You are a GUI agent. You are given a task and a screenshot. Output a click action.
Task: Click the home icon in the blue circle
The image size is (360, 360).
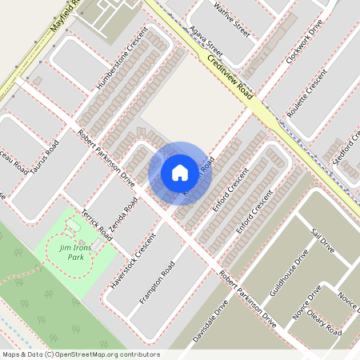pos(180,173)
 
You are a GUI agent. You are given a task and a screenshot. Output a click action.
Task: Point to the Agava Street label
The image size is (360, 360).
pos(207,45)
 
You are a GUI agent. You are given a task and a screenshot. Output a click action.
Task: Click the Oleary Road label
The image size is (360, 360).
pos(324,325)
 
